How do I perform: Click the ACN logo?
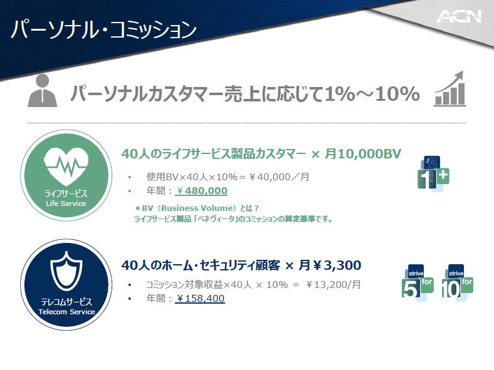[x=459, y=16]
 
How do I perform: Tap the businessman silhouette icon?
[x=42, y=91]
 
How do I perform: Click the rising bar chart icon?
[x=449, y=89]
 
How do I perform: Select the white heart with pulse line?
[x=66, y=166]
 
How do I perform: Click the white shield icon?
[x=66, y=271]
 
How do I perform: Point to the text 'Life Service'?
[x=66, y=203]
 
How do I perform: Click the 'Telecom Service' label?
[x=66, y=312]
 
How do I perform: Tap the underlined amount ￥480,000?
[x=202, y=191]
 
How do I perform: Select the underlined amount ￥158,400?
[x=201, y=298]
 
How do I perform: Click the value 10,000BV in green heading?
[x=369, y=154]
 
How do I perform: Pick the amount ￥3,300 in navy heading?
[x=337, y=265]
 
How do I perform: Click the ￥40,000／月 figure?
[x=279, y=177]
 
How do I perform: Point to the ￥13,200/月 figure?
[x=334, y=285]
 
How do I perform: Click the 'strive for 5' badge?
[x=418, y=282]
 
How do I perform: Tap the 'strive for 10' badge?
[x=457, y=282]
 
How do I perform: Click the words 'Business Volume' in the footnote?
[x=198, y=208]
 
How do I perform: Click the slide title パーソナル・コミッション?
[x=103, y=30]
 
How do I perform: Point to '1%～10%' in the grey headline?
[x=372, y=94]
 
